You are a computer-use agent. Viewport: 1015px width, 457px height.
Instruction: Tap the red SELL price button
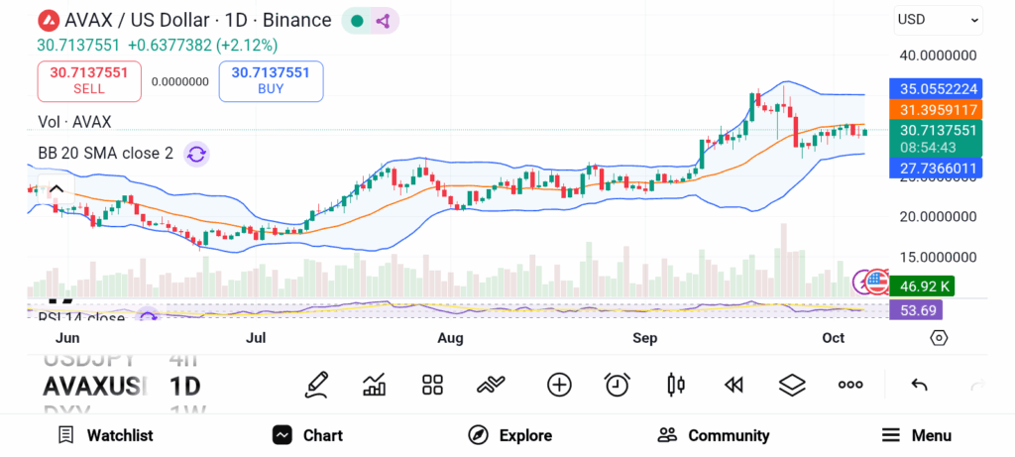88,80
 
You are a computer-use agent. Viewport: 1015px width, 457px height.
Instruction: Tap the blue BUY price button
271,80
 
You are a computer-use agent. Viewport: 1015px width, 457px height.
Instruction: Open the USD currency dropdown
937,19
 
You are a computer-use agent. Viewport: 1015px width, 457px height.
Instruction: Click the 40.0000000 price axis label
938,56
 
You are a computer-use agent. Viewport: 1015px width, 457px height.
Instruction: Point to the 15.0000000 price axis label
938,257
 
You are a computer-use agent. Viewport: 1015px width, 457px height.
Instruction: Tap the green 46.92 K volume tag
922,286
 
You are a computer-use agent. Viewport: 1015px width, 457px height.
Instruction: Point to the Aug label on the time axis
451,338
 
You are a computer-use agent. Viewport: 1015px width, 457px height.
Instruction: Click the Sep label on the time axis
645,338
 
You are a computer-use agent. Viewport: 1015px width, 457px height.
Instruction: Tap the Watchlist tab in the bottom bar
105,435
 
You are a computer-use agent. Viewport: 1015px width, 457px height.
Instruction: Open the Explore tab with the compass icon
509,435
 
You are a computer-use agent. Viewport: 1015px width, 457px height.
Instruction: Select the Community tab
714,435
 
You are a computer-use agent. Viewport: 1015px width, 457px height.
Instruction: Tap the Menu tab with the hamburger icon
916,435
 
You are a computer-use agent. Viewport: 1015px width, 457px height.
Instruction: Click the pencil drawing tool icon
316,385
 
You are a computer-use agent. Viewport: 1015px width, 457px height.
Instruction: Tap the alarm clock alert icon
618,385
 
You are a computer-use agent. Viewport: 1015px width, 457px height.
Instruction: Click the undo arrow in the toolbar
919,385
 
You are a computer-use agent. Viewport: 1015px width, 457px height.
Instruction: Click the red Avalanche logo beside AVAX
47,20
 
